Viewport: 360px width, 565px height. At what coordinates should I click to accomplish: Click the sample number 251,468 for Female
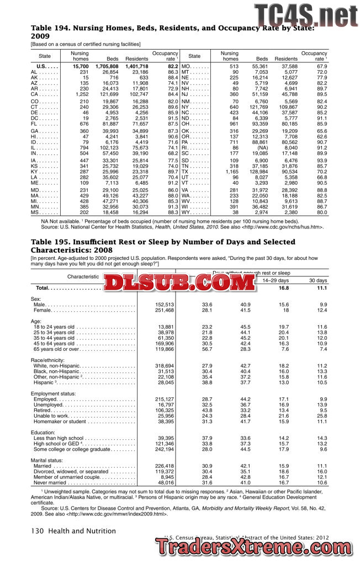(x=165, y=310)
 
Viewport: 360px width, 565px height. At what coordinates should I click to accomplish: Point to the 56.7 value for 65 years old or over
(x=207, y=349)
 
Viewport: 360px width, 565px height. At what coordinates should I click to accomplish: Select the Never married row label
(x=50, y=482)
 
